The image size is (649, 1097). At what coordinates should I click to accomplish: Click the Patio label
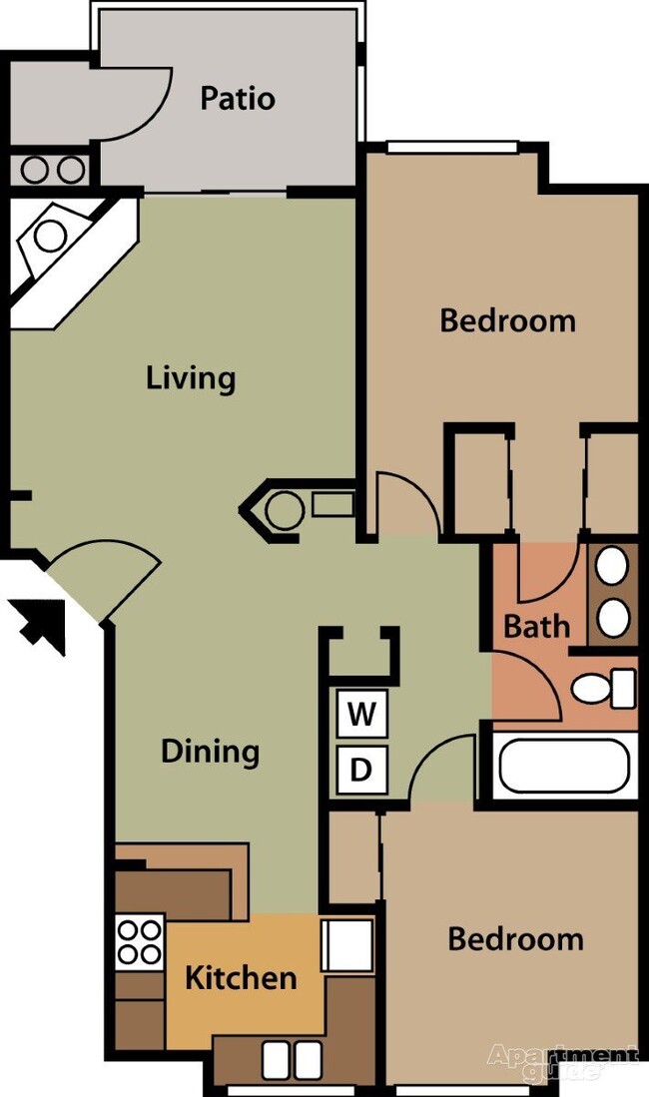(x=238, y=99)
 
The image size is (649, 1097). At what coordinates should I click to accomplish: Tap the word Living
(x=191, y=378)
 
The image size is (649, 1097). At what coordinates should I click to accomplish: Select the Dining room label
(x=211, y=751)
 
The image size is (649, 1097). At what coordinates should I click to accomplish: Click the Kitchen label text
(x=241, y=977)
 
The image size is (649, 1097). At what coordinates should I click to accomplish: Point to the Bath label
(x=536, y=627)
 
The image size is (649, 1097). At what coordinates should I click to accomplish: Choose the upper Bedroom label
(x=507, y=320)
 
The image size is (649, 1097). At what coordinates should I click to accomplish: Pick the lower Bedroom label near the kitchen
(x=515, y=939)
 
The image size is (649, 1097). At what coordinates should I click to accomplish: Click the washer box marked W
(x=361, y=715)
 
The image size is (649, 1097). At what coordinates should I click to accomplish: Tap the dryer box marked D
(x=361, y=770)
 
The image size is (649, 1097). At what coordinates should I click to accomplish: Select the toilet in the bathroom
(x=602, y=688)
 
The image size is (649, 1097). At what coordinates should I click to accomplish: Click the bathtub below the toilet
(x=564, y=766)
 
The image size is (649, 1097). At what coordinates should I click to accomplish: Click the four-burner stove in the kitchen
(x=140, y=940)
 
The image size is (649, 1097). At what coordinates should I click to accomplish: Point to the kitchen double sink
(x=293, y=1059)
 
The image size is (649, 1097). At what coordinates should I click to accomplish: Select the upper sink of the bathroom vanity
(x=611, y=567)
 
